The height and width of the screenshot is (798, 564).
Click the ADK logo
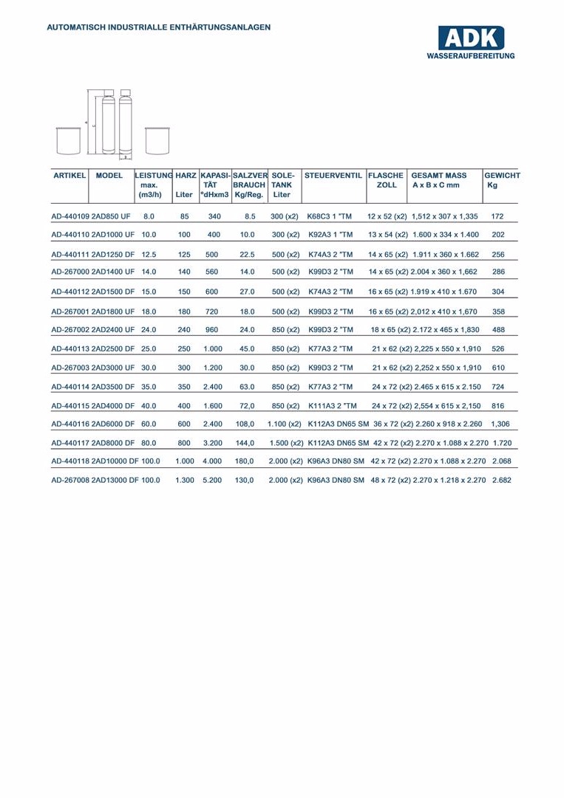(x=470, y=42)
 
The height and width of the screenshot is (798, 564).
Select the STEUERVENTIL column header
(x=333, y=176)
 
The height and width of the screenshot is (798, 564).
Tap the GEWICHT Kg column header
(x=502, y=180)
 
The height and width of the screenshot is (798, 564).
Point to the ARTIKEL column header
(x=70, y=176)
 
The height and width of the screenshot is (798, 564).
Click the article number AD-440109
(x=70, y=217)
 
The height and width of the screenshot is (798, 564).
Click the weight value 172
(x=497, y=217)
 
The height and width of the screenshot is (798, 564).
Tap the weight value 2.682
(x=500, y=481)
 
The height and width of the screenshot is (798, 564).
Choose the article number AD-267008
(x=70, y=481)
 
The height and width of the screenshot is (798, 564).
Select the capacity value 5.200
(x=211, y=481)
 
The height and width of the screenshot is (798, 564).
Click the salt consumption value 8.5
(x=249, y=217)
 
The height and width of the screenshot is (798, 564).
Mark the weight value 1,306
(x=500, y=424)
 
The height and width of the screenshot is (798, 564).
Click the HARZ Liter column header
(x=184, y=185)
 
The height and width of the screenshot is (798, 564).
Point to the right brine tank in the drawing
(x=156, y=140)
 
